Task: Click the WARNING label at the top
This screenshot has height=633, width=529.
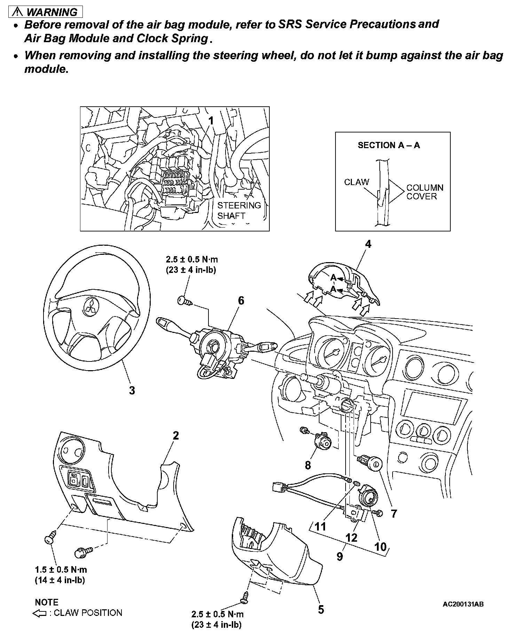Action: pos(47,12)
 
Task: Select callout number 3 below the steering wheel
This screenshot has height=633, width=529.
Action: pos(132,390)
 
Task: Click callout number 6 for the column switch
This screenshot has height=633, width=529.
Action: pos(241,300)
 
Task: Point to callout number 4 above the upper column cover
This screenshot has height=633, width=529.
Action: pos(368,244)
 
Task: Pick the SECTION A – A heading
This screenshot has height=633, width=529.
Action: pos(389,145)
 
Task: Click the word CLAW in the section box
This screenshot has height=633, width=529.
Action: pos(356,182)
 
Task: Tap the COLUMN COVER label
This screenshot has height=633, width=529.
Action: pos(425,192)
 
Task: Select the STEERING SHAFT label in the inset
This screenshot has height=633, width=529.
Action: pos(239,210)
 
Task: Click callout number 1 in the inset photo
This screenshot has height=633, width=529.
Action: pos(211,121)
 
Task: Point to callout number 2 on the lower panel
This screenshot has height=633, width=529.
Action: pos(176,435)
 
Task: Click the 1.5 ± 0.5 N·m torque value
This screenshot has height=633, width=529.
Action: pos(61,570)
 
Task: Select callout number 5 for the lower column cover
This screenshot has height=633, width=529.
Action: pos(321,609)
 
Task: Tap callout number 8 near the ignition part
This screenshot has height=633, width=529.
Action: pos(308,465)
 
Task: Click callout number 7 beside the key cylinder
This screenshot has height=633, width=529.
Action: pos(394,513)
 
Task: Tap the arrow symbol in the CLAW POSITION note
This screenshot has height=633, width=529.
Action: pos(39,613)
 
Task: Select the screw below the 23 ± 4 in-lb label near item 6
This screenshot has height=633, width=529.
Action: pos(184,300)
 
